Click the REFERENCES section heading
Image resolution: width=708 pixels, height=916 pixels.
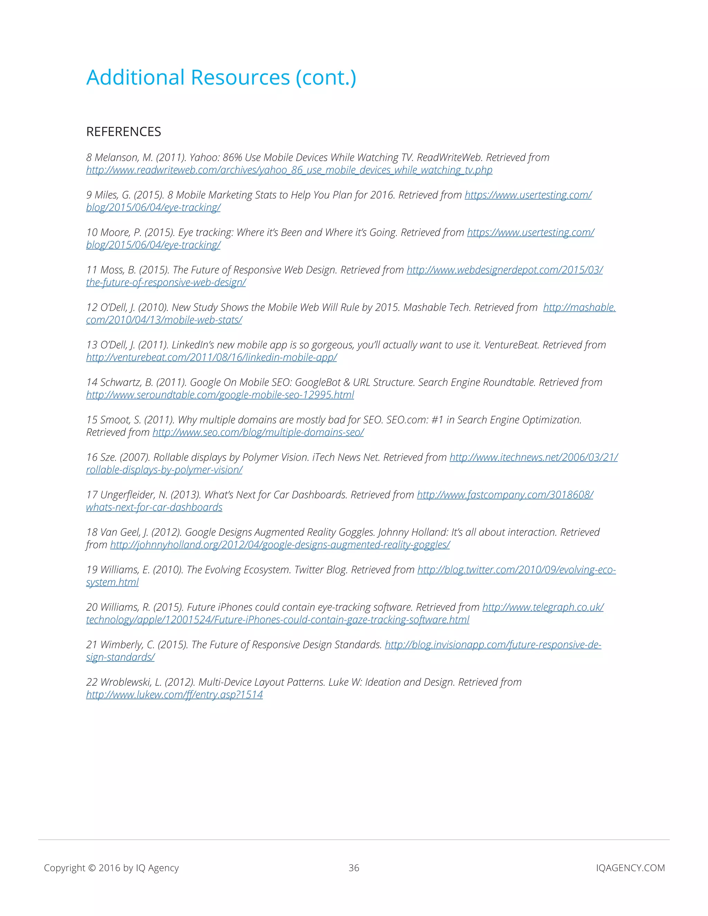pos(123,132)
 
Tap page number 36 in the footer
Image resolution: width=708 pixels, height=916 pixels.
pos(354,868)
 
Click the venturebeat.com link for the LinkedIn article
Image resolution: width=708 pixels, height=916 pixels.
pos(211,357)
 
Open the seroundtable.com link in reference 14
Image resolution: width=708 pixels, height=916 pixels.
pos(220,395)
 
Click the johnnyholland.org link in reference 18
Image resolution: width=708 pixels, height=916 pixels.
pos(280,545)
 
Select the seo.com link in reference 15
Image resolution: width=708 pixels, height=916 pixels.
pos(258,432)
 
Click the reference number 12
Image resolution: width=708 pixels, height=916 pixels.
pos(91,307)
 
